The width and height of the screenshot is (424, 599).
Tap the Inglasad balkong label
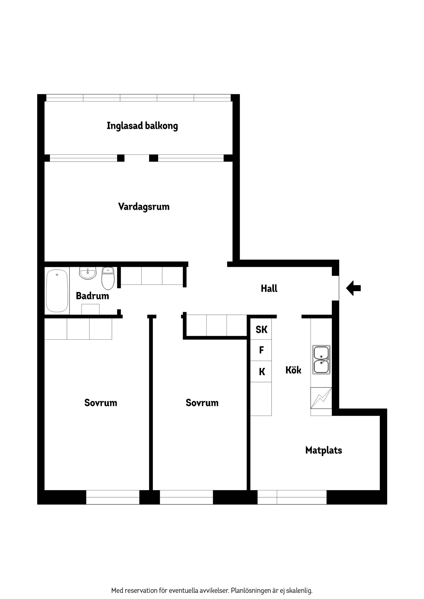(x=142, y=126)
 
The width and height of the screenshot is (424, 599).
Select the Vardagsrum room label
(x=144, y=207)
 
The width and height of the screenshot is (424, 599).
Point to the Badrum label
(x=92, y=296)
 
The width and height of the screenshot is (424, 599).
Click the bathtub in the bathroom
(x=57, y=291)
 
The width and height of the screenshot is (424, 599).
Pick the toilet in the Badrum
(x=108, y=278)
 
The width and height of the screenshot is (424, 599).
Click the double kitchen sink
(x=321, y=360)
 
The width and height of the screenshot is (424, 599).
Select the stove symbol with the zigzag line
(x=321, y=398)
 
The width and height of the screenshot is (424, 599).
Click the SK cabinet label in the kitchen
(x=261, y=329)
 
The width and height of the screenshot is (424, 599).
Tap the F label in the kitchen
(x=261, y=350)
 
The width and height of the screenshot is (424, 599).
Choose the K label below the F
(x=262, y=371)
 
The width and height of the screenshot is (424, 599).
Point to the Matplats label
(x=324, y=450)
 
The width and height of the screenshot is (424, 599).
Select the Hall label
(x=269, y=288)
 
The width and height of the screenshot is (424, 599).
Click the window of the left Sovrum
(x=113, y=497)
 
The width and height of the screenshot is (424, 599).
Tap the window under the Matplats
(x=292, y=497)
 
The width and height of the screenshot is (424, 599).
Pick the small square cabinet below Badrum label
(x=90, y=309)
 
